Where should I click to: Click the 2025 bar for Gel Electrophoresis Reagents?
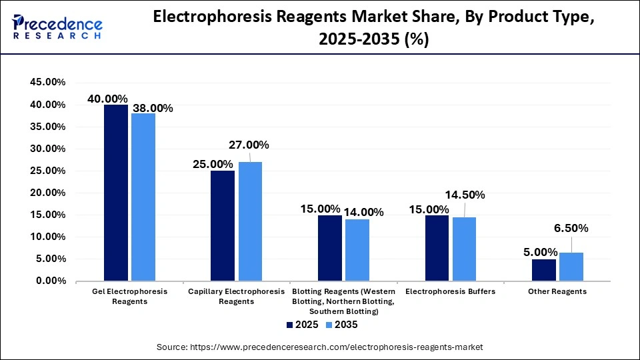115,193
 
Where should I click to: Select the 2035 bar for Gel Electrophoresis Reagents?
143,197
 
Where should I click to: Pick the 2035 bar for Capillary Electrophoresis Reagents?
250,221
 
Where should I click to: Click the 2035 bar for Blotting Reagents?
357,250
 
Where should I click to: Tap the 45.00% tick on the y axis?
47,83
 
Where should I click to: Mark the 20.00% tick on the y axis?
47,193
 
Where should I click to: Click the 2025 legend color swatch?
290,325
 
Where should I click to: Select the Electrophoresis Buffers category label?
450,291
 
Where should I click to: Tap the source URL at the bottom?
319,347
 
